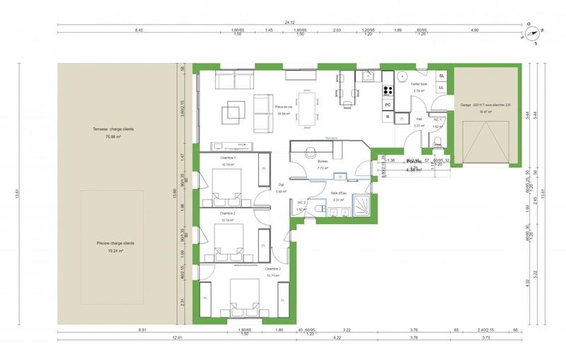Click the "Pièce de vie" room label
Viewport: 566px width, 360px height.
(284, 107)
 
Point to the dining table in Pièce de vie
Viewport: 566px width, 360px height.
(306, 110)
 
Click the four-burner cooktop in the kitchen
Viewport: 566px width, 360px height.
(388, 90)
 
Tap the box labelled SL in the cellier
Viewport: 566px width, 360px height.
(441, 75)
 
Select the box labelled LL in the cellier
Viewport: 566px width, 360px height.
(441, 87)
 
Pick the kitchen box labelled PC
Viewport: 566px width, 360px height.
(388, 105)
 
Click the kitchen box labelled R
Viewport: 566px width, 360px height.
(388, 117)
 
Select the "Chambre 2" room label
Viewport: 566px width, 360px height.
(227, 213)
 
